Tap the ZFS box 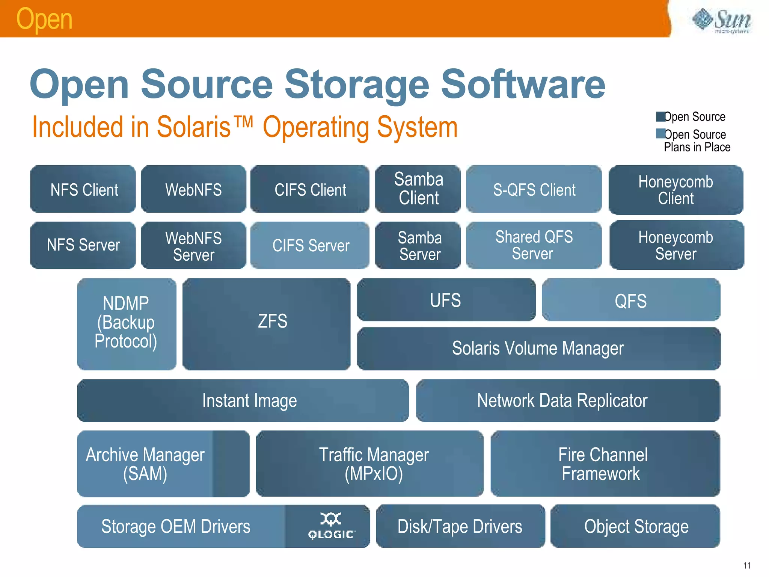click(267, 324)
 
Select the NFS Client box click(83, 189)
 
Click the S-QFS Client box click(534, 189)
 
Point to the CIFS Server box click(310, 245)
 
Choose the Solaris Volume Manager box click(538, 348)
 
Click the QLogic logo click(330, 526)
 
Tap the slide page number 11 click(746, 565)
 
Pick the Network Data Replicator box click(568, 400)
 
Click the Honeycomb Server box click(676, 245)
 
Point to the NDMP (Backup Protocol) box click(127, 324)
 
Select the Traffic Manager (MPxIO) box click(369, 464)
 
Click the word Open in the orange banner click(44, 19)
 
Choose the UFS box click(446, 300)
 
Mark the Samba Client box click(418, 189)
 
